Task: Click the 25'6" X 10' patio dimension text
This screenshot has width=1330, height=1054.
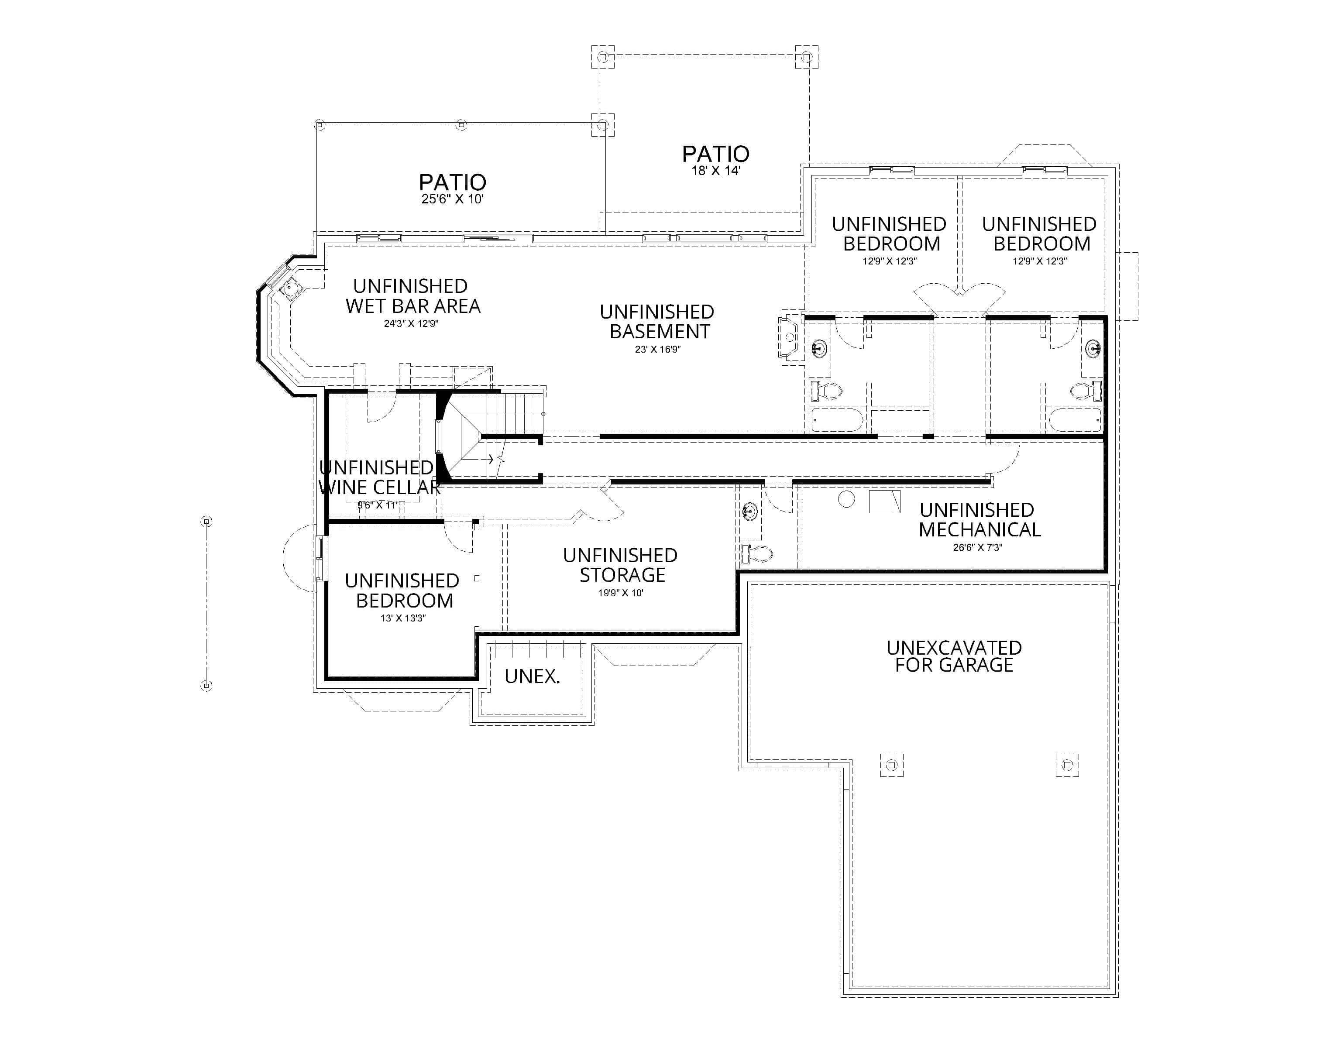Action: [x=452, y=199]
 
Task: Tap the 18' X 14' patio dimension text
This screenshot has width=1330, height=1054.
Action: [x=715, y=171]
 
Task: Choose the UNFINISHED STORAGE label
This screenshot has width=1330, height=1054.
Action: [x=621, y=565]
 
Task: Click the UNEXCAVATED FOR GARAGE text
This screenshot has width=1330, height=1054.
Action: [x=954, y=656]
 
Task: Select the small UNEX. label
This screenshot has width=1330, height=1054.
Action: [x=532, y=676]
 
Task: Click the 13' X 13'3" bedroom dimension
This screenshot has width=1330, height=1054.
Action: [x=403, y=618]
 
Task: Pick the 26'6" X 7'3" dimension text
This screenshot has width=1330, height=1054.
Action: [x=977, y=547]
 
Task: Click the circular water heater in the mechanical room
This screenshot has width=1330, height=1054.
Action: [x=846, y=499]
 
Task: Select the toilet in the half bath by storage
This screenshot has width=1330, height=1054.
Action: [x=757, y=553]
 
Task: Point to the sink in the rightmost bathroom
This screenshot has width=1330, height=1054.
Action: [x=1093, y=349]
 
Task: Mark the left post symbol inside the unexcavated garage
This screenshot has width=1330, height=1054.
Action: [x=891, y=766]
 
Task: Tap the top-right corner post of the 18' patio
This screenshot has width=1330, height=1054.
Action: [x=806, y=57]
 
